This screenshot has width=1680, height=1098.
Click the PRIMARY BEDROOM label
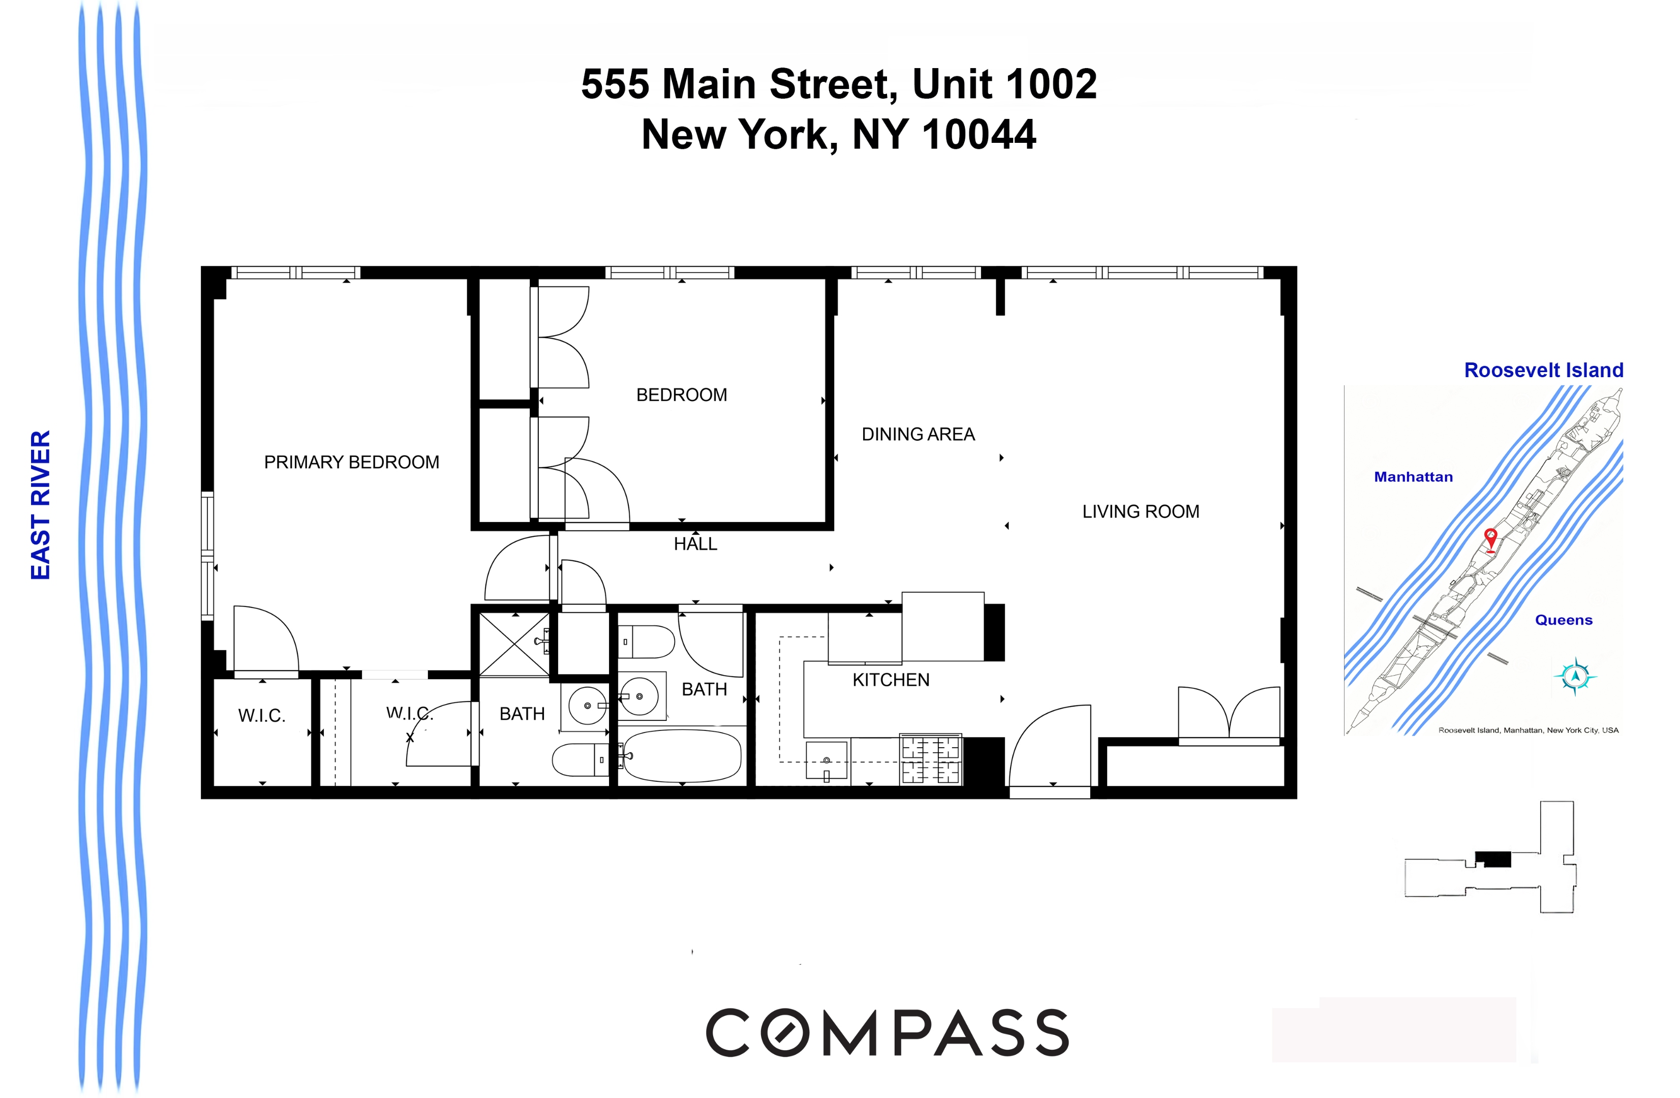(352, 463)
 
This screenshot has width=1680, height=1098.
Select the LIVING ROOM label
(1140, 511)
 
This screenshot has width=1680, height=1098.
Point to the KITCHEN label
(891, 680)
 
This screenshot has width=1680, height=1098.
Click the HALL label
(695, 544)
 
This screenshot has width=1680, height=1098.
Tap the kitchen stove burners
(930, 759)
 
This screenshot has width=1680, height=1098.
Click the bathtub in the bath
(682, 755)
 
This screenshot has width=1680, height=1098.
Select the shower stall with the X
(514, 644)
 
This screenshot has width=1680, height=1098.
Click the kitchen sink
(827, 760)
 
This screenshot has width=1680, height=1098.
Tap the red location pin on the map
(1490, 539)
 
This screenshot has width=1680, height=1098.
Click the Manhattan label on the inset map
(1413, 477)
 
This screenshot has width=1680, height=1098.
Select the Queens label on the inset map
(1564, 620)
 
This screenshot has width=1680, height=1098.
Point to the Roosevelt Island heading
(1544, 370)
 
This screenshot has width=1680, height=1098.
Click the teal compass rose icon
(1575, 677)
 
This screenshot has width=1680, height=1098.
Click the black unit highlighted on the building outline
(1496, 859)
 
